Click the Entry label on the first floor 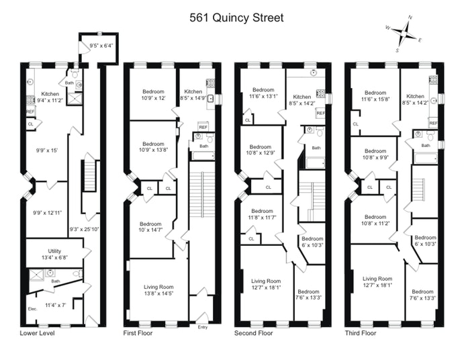pos(203,327)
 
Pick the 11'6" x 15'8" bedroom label pos(375,97)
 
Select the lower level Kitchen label pos(51,97)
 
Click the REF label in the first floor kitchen pos(203,126)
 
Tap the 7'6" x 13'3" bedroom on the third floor pos(422,296)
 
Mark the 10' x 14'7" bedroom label pos(152,228)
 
